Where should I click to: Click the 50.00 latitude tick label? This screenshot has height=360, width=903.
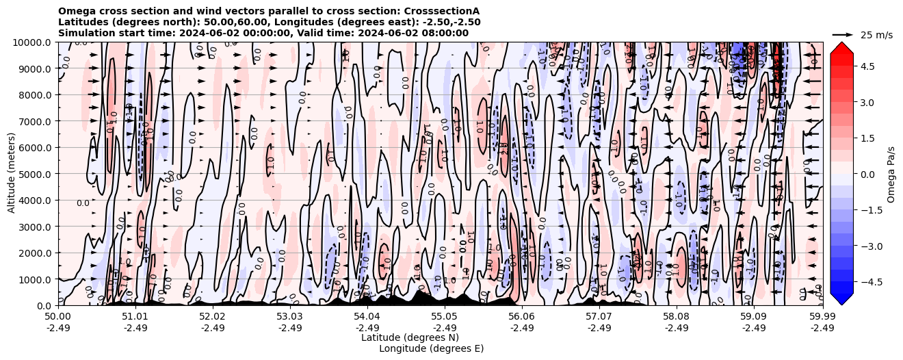58,317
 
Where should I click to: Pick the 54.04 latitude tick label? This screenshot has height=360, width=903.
367,317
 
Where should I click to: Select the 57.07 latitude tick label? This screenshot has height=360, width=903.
599,317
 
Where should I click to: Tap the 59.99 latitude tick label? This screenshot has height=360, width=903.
822,317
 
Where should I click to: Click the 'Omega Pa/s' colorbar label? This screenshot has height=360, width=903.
891,174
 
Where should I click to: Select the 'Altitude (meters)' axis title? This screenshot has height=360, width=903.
12,174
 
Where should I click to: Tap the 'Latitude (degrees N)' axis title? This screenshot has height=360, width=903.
410,337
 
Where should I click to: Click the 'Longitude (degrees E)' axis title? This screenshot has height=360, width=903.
431,348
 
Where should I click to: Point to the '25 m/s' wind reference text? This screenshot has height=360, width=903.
876,35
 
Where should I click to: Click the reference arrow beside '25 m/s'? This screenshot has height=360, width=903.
842,34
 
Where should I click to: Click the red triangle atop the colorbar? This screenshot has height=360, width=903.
841,47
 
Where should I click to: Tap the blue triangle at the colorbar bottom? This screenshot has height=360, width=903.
841,299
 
